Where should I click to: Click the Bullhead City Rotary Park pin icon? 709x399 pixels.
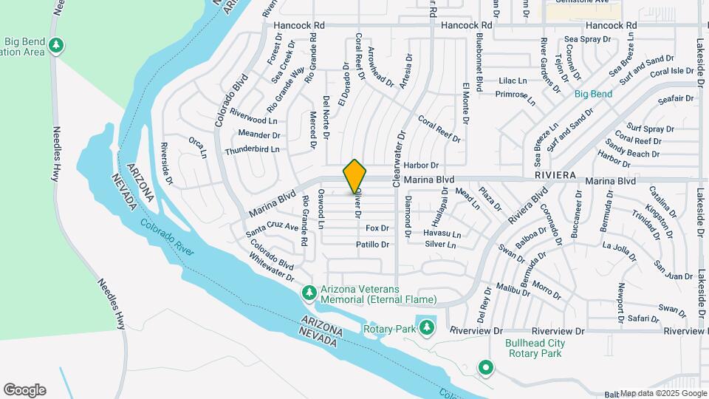tap(485, 367)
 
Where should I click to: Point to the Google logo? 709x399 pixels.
tap(24, 390)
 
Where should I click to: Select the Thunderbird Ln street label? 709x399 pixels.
tap(252, 149)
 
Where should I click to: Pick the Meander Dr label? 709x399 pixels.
tap(258, 134)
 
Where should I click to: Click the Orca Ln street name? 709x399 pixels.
tap(197, 146)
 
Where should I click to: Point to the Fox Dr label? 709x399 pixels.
tap(377, 228)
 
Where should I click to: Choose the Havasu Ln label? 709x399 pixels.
tap(442, 234)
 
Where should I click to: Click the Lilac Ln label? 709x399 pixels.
tap(513, 81)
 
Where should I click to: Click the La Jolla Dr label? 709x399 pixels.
tap(619, 250)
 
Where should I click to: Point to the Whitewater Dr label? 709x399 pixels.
tap(272, 267)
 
